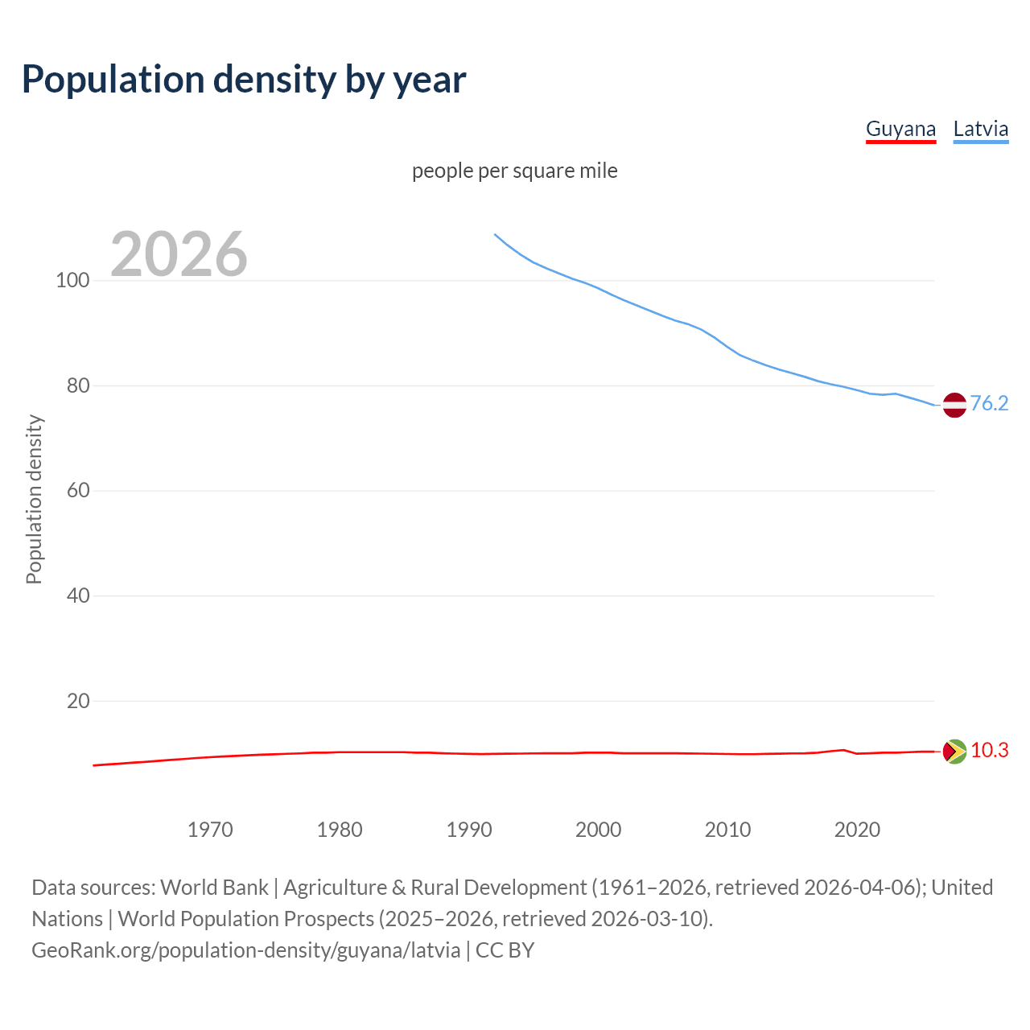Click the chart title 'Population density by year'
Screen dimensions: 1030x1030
click(x=244, y=80)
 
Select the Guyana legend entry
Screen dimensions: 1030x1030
click(x=900, y=129)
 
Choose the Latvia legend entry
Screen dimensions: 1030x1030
click(x=980, y=129)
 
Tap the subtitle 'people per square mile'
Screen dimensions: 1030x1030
click(x=514, y=171)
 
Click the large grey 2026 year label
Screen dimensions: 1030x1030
click(x=179, y=254)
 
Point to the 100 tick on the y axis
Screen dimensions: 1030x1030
click(x=72, y=281)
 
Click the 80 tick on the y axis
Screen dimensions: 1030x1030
click(x=77, y=385)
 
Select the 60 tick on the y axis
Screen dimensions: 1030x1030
click(x=77, y=491)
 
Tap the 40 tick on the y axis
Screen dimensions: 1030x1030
click(x=77, y=596)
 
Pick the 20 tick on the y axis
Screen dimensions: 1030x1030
click(x=77, y=701)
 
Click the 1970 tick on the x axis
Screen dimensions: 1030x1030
click(x=210, y=830)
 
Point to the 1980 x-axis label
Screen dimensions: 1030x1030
click(x=340, y=830)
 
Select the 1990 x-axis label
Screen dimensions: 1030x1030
click(x=469, y=830)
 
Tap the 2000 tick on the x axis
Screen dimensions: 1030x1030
click(x=599, y=830)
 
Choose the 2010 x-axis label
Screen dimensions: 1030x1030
click(x=728, y=830)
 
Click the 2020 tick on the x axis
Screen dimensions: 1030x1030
click(x=858, y=830)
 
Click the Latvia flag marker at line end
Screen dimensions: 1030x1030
click(x=954, y=405)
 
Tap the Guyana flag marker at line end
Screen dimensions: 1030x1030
click(x=954, y=752)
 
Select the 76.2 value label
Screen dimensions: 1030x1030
click(x=989, y=403)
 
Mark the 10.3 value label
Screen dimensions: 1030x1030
click(x=989, y=751)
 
